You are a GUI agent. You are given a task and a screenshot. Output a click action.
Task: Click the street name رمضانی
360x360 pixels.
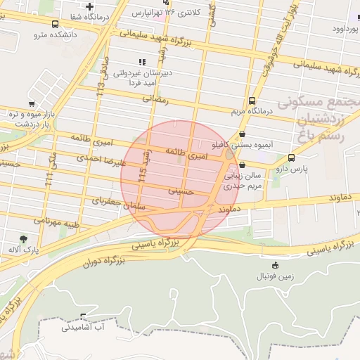[x=157, y=100]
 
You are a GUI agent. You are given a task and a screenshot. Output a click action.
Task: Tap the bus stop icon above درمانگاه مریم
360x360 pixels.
[x=252, y=101]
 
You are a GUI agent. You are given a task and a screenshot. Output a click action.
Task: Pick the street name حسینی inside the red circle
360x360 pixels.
[x=181, y=191]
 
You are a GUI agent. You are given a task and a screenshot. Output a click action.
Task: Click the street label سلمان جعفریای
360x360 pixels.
[x=109, y=202]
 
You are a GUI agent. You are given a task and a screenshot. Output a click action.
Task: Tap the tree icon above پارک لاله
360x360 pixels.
[x=23, y=239]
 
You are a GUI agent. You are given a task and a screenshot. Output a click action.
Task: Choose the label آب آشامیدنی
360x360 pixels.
[x=84, y=327]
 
